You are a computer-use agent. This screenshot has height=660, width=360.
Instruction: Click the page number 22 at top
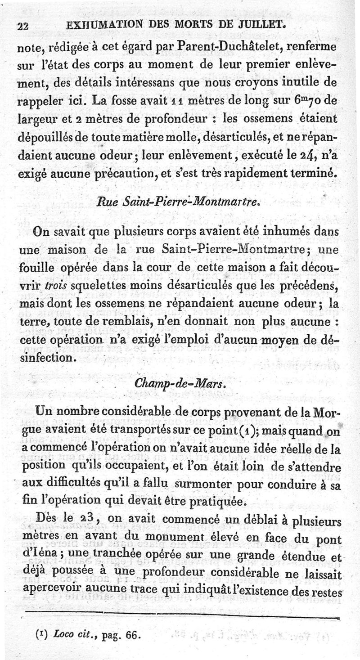click(x=23, y=27)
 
